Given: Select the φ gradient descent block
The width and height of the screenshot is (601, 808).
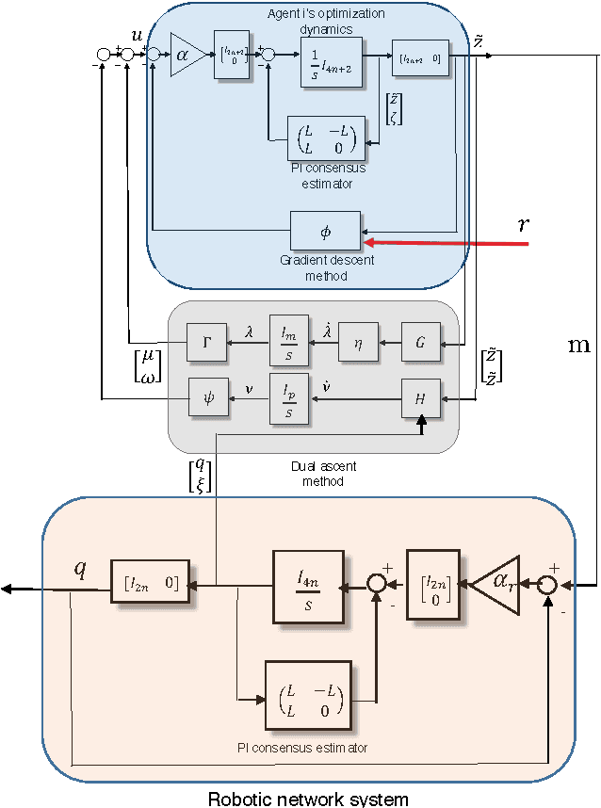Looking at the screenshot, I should point(325,230).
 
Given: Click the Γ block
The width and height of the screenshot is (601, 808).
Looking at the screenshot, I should point(206,341).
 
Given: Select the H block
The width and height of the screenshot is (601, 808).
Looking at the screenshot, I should point(420,397).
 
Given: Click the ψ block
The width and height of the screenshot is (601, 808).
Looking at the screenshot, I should point(207,396).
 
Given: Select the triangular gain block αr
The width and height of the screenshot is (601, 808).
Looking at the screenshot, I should point(495,585).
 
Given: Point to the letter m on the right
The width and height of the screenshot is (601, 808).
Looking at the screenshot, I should point(578,345).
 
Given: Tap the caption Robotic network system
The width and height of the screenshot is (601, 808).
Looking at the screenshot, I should point(309,799).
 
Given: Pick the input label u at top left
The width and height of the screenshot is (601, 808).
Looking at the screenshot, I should point(138,35).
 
